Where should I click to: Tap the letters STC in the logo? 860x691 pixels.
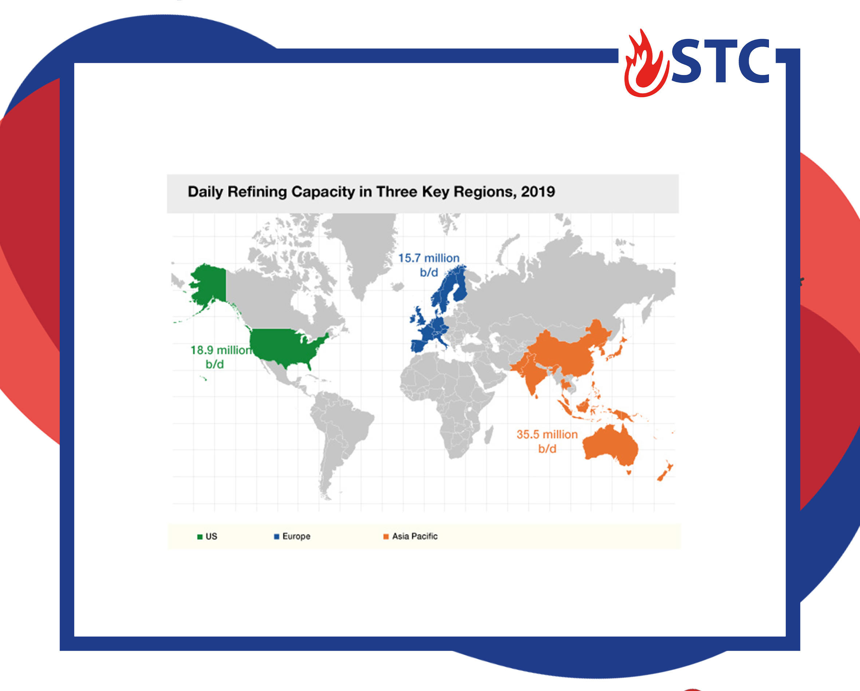[721, 61]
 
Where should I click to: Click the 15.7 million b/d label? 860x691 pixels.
[429, 265]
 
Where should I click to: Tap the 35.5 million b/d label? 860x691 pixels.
[547, 441]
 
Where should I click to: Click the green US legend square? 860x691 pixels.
[200, 537]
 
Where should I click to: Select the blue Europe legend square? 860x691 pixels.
[276, 537]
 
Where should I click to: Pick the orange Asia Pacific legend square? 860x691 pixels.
[386, 537]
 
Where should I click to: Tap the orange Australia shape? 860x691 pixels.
[610, 447]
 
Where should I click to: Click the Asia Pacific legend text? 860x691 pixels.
[415, 537]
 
